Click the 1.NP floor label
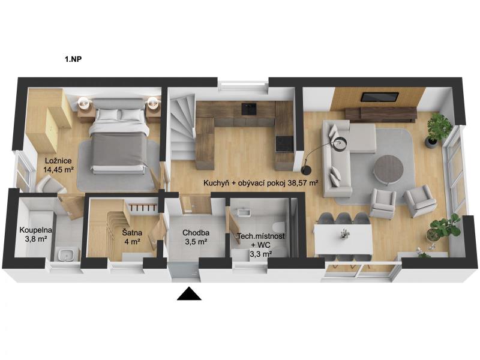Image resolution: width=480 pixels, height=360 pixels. tap(73, 59)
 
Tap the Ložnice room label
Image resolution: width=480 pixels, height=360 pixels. tap(58, 161)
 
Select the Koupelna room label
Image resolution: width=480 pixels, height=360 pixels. tap(36, 230)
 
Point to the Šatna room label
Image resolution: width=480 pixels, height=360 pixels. tap(132, 233)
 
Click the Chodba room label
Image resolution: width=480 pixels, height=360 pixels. tap(196, 233)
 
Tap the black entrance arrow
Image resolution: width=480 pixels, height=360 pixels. tap(189, 293)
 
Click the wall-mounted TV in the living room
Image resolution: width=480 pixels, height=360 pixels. tap(380, 97)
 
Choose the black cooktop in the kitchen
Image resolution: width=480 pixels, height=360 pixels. tap(284, 144)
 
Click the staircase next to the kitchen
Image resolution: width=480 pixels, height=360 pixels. tap(182, 128)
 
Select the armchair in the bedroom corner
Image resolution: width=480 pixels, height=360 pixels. tap(49, 185)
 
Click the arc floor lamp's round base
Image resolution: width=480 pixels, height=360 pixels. tap(306, 169)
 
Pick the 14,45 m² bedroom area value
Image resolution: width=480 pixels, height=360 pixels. tap(58, 170)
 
